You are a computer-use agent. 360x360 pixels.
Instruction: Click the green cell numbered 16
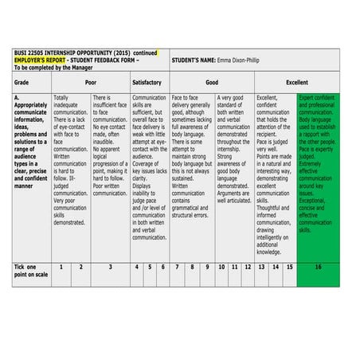tap(318, 267)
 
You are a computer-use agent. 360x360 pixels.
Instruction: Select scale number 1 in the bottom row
tap(61, 267)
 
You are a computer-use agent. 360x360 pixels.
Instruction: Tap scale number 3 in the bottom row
tap(110, 267)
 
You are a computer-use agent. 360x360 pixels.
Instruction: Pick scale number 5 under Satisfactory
tap(150, 267)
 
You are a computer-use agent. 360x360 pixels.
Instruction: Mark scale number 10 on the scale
tap(221, 267)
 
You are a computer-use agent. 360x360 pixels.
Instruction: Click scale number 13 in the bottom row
tap(261, 267)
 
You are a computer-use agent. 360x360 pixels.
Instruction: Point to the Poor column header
tap(90, 82)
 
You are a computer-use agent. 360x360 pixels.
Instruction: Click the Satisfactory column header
tap(150, 82)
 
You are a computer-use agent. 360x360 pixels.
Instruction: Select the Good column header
tap(212, 82)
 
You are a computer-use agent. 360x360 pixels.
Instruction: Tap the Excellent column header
tap(296, 82)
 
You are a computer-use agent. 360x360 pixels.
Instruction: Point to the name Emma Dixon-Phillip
tap(241, 60)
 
